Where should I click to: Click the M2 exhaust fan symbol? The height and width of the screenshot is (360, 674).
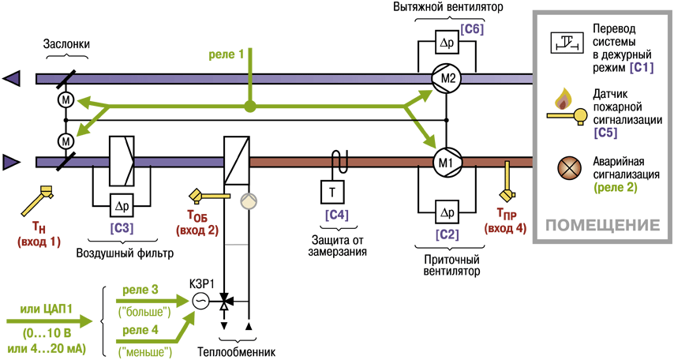[x=446, y=79]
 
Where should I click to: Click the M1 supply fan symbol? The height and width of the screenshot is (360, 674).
[x=446, y=162]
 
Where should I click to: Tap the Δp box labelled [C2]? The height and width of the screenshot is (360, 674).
[x=446, y=212]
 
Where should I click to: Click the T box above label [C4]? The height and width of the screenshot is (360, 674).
[x=332, y=192]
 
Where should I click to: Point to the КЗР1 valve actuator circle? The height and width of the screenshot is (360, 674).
[x=199, y=300]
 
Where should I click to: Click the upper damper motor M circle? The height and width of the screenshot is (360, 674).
[x=66, y=100]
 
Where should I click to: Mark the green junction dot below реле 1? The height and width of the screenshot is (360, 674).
[x=250, y=106]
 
